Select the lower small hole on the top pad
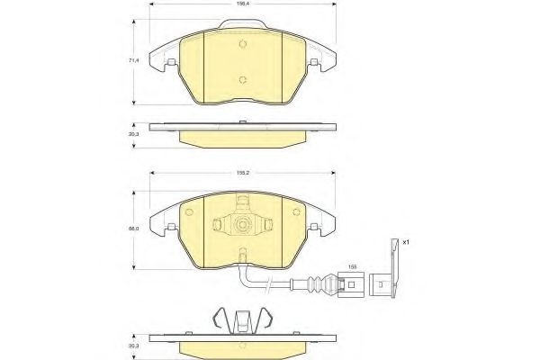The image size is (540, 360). coord(243,79)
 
